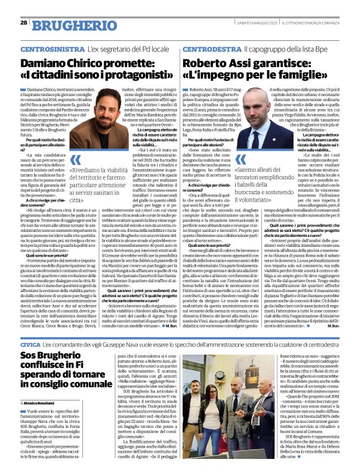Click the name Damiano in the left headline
click(47, 63)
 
